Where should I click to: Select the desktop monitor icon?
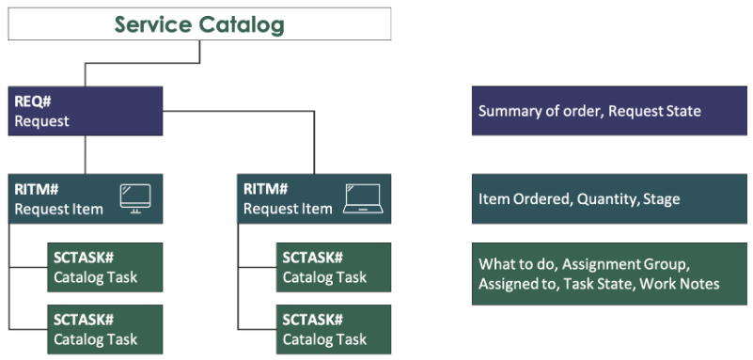[134, 197]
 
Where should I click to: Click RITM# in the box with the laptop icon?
[266, 189]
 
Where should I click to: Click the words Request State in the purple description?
[654, 111]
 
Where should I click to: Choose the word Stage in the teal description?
[660, 198]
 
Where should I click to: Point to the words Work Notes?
[681, 284]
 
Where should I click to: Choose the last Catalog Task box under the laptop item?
[334, 329]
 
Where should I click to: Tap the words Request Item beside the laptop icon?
[288, 209]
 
